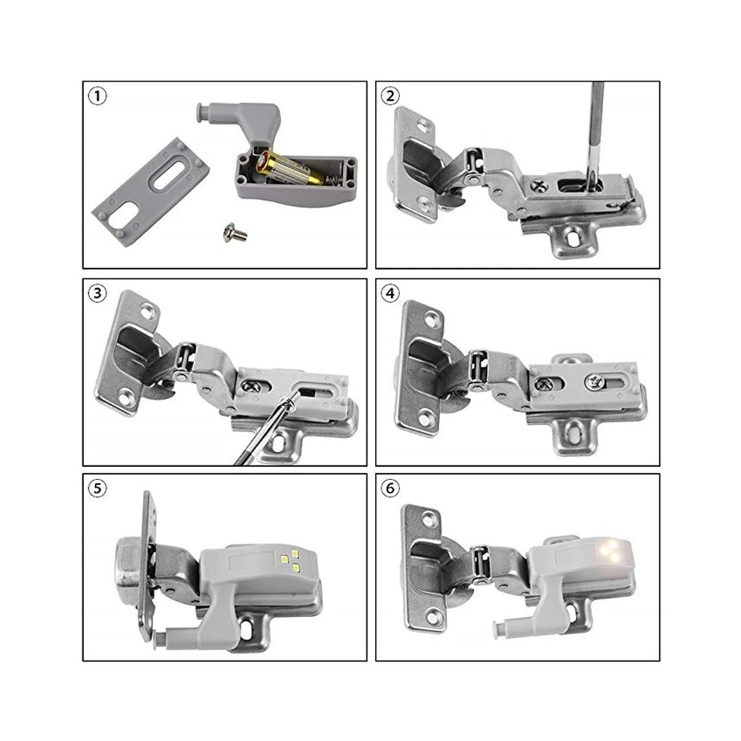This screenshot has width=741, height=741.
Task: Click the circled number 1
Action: coord(95,96)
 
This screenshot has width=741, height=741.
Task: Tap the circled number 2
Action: coord(390,96)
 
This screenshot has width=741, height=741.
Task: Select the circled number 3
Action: coord(96,293)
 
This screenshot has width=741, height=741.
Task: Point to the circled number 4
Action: coord(390,293)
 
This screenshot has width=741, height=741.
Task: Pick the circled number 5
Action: coord(96,489)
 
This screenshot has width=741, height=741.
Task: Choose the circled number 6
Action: coord(390,489)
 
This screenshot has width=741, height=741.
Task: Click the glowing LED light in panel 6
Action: coord(613,552)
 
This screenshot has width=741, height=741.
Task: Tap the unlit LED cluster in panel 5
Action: coord(290,560)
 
